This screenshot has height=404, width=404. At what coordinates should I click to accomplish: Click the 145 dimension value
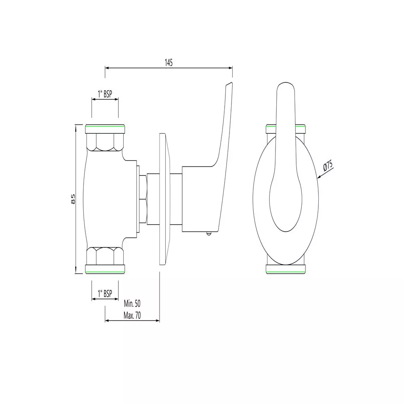(168, 62)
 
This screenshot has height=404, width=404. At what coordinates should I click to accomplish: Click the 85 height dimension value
(73, 199)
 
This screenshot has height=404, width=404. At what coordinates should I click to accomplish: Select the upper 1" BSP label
(105, 94)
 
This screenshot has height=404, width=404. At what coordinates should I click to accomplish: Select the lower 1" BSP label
(105, 294)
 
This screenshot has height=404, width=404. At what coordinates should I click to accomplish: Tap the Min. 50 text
(132, 303)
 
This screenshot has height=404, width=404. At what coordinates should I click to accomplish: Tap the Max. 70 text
(132, 316)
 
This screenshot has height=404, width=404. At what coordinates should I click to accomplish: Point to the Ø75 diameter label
(328, 165)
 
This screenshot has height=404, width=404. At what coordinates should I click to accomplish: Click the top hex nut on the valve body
(105, 142)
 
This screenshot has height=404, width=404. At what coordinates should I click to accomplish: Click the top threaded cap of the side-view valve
(105, 129)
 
